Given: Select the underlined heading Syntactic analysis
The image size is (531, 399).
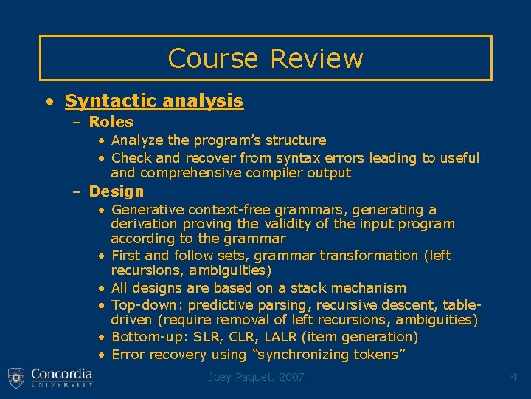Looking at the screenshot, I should tap(153, 100).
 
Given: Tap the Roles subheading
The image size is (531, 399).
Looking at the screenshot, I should tap(111, 122).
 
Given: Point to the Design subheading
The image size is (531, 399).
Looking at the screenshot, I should tap(117, 191).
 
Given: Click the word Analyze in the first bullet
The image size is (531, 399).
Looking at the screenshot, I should tap(136, 140).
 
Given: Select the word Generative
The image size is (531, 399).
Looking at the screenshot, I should tap(147, 210).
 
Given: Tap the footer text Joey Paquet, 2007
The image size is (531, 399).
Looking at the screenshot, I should tap(255, 378).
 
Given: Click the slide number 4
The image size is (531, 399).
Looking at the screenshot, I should tap(514, 378).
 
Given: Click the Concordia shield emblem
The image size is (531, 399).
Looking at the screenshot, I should tap(16, 378).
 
